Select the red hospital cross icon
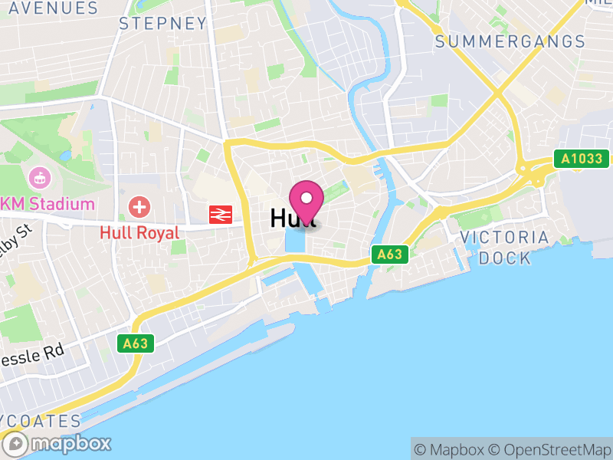(x=139, y=205)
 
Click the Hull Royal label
(x=139, y=232)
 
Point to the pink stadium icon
(x=37, y=179)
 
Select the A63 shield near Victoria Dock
(x=388, y=255)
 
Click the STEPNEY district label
(x=163, y=24)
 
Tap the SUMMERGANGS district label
(x=510, y=42)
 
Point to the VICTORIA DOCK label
(x=505, y=247)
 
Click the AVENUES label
(x=49, y=8)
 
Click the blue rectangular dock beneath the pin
(x=294, y=241)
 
